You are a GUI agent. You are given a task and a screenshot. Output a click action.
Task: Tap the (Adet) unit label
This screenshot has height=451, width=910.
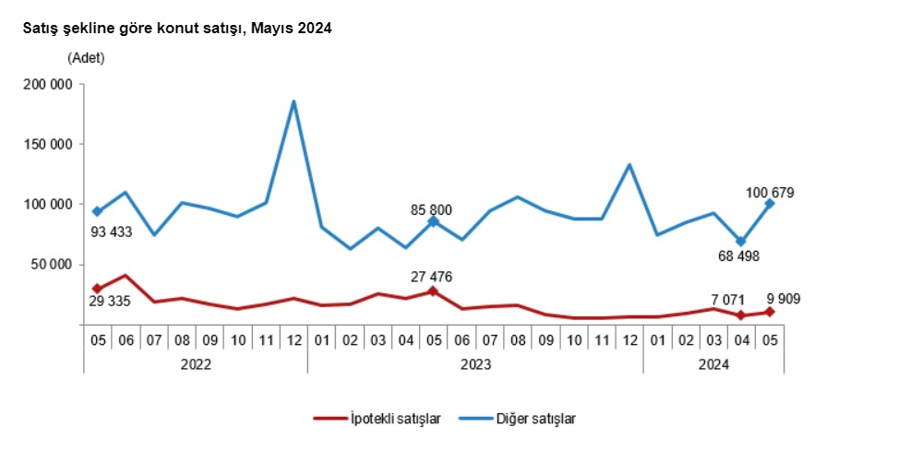(x=86, y=58)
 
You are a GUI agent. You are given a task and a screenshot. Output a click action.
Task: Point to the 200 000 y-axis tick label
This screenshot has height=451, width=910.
(x=48, y=85)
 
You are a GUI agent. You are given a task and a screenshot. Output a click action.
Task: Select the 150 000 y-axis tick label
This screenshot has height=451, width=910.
(x=48, y=145)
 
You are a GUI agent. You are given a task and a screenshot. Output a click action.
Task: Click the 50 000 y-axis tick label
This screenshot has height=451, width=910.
(x=52, y=265)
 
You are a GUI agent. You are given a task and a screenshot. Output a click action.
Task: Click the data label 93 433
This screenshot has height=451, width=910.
(x=111, y=232)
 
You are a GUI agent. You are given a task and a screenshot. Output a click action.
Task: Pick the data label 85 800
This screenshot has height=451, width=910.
(x=430, y=210)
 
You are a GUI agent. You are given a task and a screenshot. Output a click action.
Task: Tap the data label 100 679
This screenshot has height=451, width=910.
(x=770, y=194)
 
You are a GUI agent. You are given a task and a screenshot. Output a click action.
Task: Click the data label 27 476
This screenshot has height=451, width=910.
(x=430, y=276)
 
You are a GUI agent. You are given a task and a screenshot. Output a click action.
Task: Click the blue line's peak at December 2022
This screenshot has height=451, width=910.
(x=293, y=101)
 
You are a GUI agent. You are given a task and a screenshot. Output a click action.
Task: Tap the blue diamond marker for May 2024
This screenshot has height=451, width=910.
(x=770, y=204)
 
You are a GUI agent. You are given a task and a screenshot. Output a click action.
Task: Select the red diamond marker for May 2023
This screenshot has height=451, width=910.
(x=433, y=291)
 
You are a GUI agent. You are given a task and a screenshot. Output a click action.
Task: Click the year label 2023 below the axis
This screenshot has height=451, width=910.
(x=474, y=364)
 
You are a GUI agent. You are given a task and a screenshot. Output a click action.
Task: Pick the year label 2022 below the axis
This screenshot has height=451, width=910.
(x=196, y=364)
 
